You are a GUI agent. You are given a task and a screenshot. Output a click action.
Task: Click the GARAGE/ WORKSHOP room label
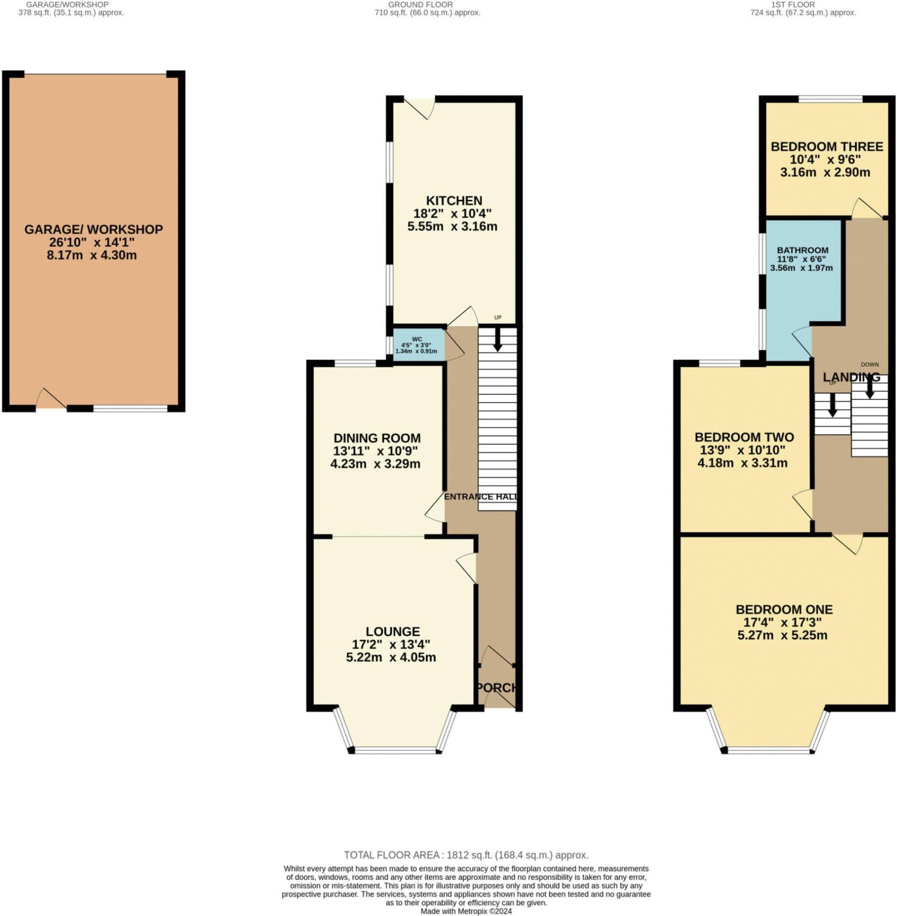tap(93, 229)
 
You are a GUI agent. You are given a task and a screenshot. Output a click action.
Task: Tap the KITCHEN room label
tap(454, 201)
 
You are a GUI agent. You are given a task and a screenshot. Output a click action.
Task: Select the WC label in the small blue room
tap(417, 339)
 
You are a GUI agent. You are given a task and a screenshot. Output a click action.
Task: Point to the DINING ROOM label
tap(377, 438)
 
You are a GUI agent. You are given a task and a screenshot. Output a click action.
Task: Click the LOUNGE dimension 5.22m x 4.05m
tap(390, 657)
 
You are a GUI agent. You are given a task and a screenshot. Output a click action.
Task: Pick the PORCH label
tap(496, 687)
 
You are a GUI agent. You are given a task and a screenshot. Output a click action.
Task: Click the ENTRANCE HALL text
tap(480, 497)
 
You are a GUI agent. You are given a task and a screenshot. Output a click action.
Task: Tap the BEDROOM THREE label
tap(826, 146)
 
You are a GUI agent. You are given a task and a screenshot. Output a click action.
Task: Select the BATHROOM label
tap(802, 250)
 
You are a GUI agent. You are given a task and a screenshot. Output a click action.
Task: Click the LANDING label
tap(851, 377)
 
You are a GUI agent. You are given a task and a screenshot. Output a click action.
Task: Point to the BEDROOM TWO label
tap(744, 437)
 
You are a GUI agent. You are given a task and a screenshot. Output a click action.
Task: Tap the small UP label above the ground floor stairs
tap(497, 318)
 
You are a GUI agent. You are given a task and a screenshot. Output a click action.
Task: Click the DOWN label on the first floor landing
tap(869, 364)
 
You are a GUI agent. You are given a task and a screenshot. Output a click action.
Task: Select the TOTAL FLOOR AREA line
tap(465, 855)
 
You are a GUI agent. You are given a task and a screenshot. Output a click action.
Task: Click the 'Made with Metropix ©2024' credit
tap(465, 911)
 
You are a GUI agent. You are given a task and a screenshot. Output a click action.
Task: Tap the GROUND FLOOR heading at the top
tap(420, 5)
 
